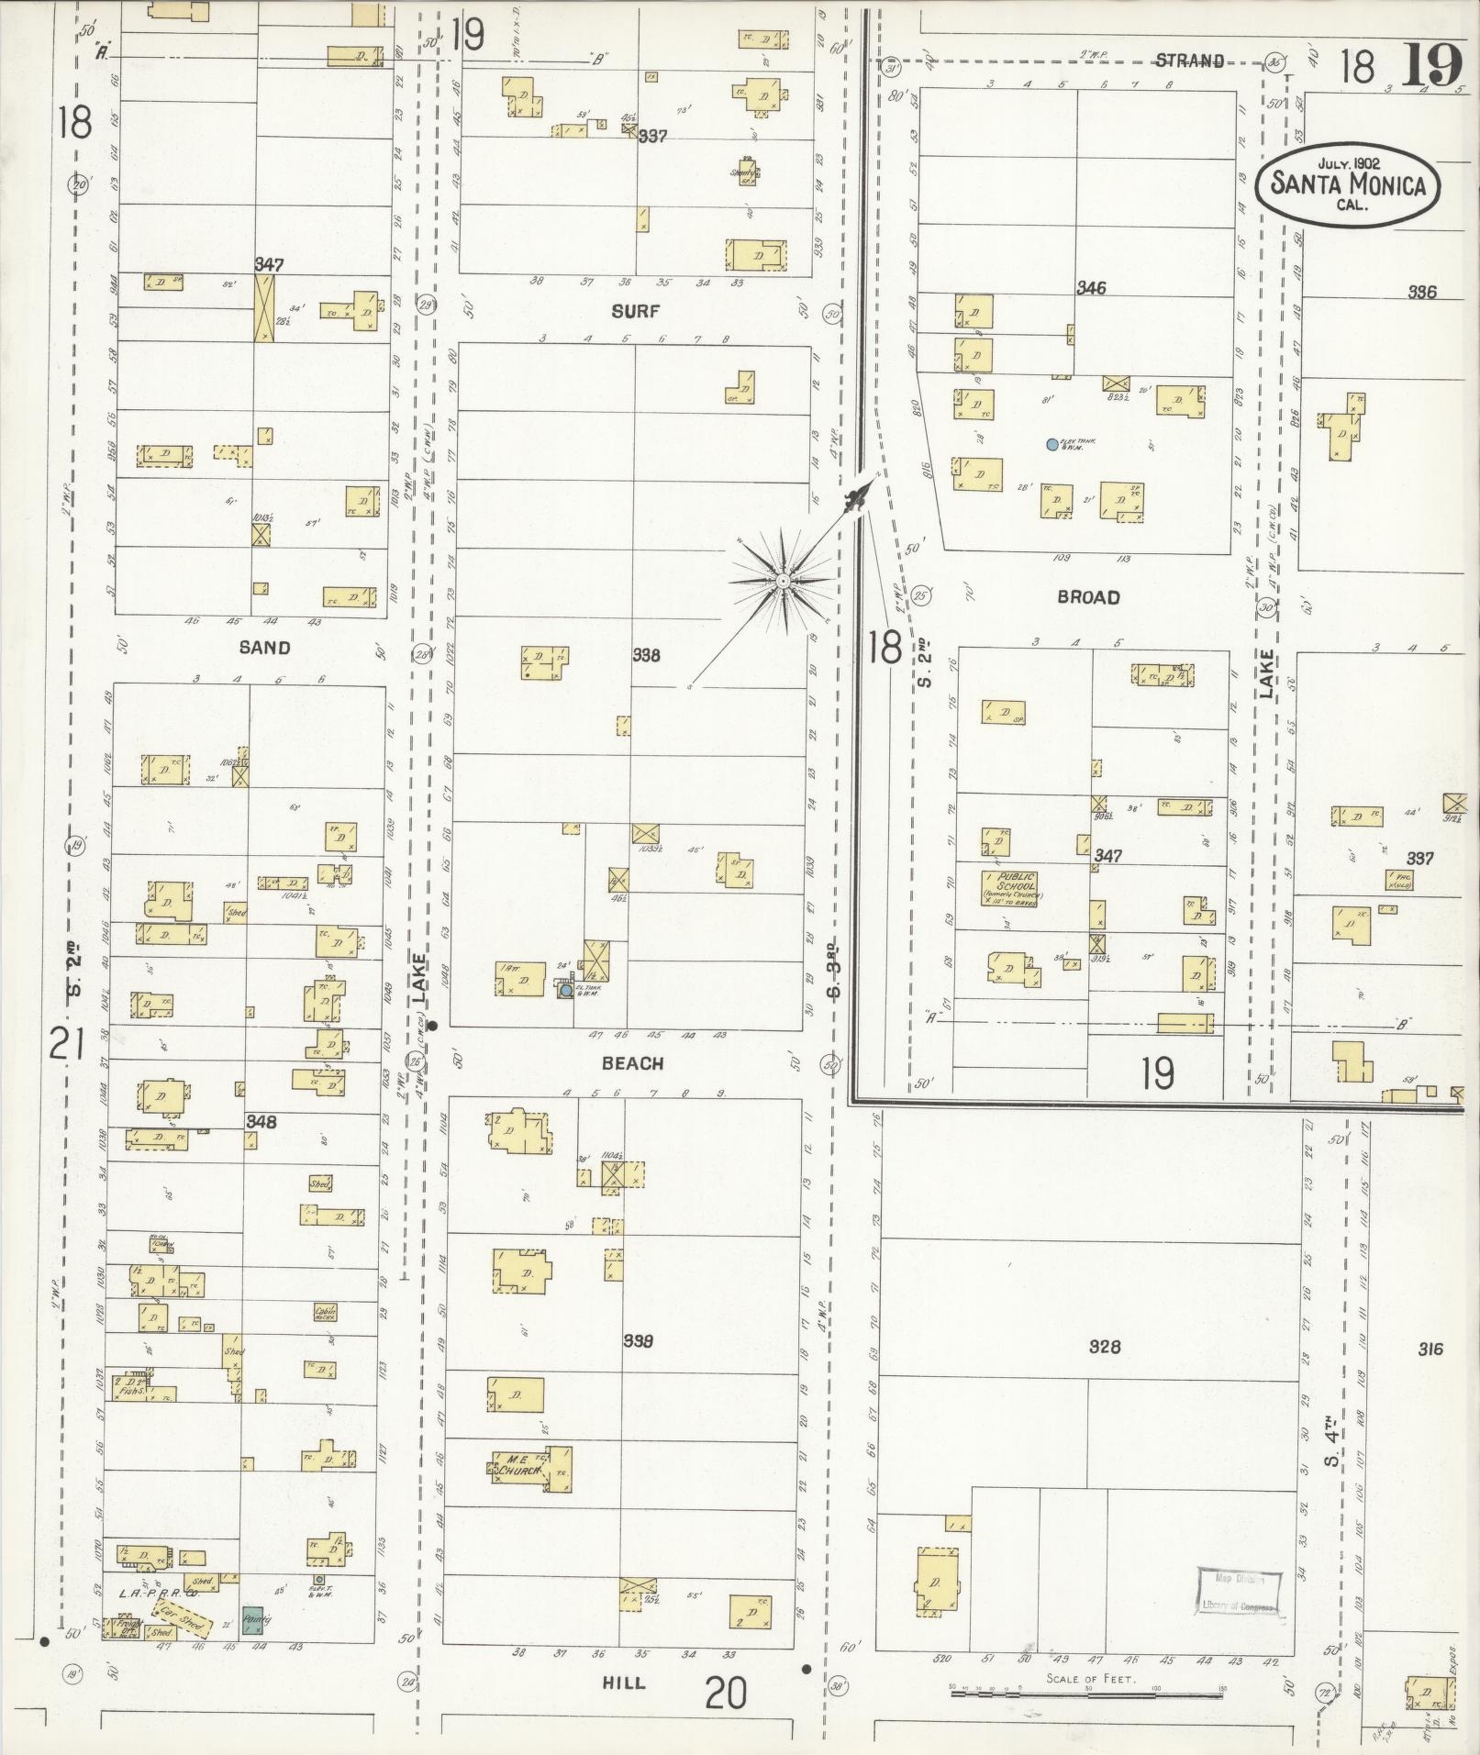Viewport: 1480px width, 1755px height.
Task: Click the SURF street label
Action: tap(636, 311)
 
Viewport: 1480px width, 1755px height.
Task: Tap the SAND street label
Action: tap(264, 648)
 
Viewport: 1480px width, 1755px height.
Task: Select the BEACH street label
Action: tap(632, 1063)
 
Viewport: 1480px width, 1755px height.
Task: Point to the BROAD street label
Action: tap(1088, 597)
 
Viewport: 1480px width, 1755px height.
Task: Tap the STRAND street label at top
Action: tap(1189, 61)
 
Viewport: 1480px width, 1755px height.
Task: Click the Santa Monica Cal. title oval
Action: tap(1347, 184)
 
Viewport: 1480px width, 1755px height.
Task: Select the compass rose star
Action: tap(783, 582)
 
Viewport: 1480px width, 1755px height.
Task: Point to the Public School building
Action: tap(1010, 888)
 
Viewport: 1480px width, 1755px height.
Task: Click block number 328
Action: tap(1105, 1348)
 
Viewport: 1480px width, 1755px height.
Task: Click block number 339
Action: tap(638, 1341)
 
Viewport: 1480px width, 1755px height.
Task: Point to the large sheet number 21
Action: tap(67, 1044)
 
